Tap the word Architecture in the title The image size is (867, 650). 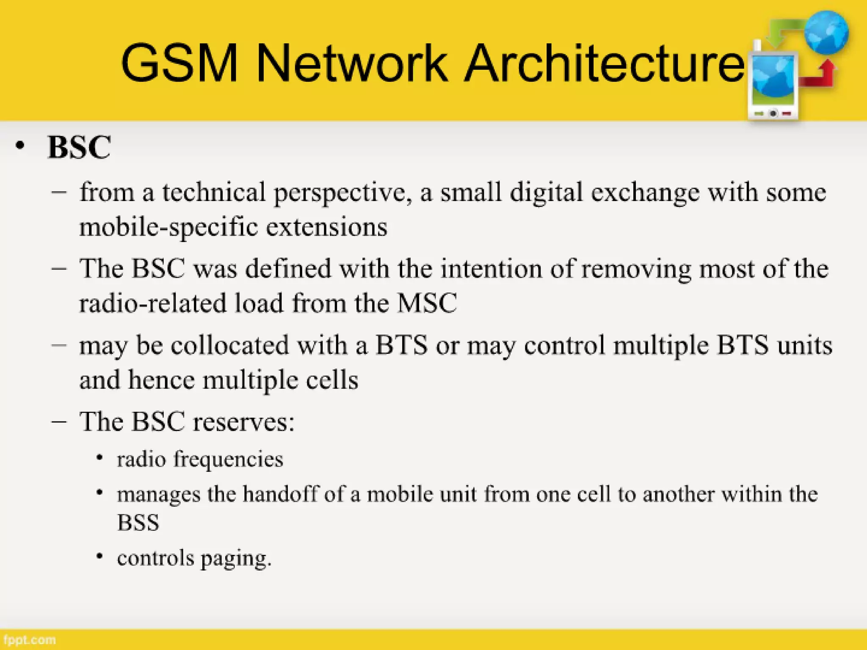click(605, 63)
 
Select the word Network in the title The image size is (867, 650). click(351, 63)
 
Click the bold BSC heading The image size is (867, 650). click(80, 147)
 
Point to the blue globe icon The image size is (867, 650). click(826, 33)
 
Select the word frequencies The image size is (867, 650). click(228, 460)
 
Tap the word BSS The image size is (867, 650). click(138, 523)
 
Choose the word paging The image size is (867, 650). click(235, 559)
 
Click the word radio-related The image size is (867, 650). click(153, 303)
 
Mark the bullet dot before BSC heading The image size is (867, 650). click(20, 146)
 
